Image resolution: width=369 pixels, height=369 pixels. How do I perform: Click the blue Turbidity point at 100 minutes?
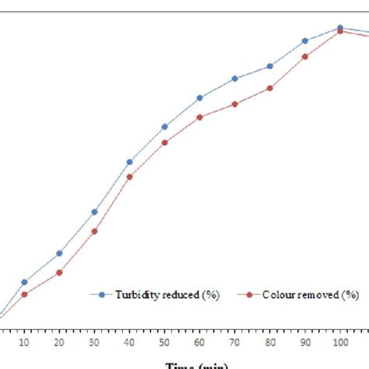point(340,28)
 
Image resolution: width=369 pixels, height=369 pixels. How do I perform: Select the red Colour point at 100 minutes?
point(340,31)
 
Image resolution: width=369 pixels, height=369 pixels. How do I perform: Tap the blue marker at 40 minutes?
point(129,162)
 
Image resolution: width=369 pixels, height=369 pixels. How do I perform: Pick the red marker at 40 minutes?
point(129,177)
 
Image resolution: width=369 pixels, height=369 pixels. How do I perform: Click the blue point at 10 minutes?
point(24,282)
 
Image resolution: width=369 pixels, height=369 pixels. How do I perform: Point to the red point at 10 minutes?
point(24,294)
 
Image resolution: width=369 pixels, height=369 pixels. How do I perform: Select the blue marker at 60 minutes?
point(200,98)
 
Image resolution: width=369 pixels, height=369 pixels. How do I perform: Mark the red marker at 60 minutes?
point(200,117)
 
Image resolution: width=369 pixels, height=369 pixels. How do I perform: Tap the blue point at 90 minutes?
point(305,41)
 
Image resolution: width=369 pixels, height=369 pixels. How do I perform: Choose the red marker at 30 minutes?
point(94,231)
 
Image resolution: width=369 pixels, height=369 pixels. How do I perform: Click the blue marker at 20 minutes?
point(59,253)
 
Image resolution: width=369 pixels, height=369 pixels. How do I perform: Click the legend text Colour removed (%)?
point(310,295)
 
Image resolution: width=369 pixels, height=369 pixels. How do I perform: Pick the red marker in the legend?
point(249,295)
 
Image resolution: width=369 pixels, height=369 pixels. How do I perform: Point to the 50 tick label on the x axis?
point(164,343)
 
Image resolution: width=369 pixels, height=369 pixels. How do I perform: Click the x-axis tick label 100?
point(340,343)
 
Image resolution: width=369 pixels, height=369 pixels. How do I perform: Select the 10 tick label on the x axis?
point(24,343)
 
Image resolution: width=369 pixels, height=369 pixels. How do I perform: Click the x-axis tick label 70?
point(235,343)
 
